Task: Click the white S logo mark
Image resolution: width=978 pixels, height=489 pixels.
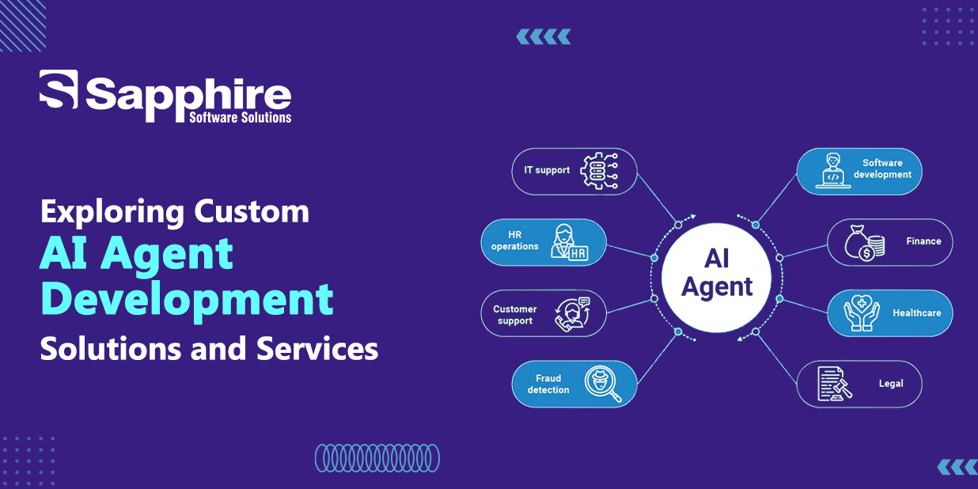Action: [59, 89]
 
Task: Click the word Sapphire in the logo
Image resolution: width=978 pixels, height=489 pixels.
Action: [188, 97]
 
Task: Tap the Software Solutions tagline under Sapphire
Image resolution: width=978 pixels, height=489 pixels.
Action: [240, 117]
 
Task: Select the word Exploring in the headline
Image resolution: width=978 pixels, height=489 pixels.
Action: [112, 213]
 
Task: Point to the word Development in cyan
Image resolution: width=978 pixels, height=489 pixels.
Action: [187, 301]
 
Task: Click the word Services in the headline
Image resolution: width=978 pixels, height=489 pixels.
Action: [317, 348]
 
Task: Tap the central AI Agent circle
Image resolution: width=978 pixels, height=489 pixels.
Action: [716, 278]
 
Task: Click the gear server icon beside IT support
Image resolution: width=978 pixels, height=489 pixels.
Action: [599, 171]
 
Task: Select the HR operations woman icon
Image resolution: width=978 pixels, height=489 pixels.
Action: [569, 242]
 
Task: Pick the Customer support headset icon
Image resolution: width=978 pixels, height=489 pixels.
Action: [572, 314]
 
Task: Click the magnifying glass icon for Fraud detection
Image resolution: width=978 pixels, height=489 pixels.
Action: [602, 383]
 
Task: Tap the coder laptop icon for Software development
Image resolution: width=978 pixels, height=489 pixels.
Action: [833, 171]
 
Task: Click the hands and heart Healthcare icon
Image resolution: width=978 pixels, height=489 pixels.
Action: [862, 313]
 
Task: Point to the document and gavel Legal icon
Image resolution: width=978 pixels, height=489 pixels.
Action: [835, 384]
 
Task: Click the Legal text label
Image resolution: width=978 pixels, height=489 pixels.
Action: [891, 384]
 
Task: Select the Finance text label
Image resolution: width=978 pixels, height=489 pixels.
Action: [923, 241]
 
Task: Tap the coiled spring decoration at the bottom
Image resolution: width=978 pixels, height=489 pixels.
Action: [377, 458]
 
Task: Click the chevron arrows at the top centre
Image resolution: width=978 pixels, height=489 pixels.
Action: [543, 36]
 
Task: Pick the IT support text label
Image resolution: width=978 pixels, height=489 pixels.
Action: [547, 170]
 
